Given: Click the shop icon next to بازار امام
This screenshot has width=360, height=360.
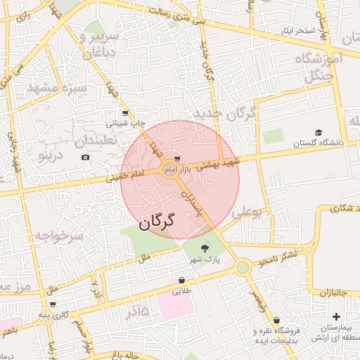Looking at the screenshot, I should tap(177, 159).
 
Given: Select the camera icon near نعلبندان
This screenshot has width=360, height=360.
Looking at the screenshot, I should tap(86, 157).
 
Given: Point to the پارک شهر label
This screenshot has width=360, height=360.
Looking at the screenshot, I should tap(204, 259).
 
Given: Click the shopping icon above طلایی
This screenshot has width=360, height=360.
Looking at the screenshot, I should tap(182, 279).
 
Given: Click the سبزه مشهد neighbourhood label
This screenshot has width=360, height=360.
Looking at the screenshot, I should tap(56, 88).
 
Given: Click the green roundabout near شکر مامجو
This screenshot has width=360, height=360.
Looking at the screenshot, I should tap(243, 267).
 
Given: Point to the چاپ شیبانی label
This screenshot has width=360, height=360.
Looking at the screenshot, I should tap(126, 122).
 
